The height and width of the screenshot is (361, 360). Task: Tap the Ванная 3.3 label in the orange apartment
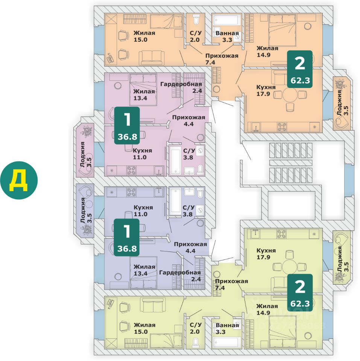tap(227, 36)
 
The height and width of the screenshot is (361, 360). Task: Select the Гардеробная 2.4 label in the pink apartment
tap(181, 87)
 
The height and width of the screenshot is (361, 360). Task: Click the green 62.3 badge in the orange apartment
tap(299, 69)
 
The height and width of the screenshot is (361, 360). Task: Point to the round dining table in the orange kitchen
tap(290, 95)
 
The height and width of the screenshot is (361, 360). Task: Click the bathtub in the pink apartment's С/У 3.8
tap(176, 161)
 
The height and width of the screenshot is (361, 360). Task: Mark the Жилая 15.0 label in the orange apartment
tap(144, 36)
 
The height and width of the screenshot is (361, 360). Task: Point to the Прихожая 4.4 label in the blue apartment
tap(190, 247)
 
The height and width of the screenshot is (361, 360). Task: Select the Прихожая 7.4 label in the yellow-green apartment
tap(231, 284)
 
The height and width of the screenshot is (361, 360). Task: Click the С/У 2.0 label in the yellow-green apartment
tap(196, 328)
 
